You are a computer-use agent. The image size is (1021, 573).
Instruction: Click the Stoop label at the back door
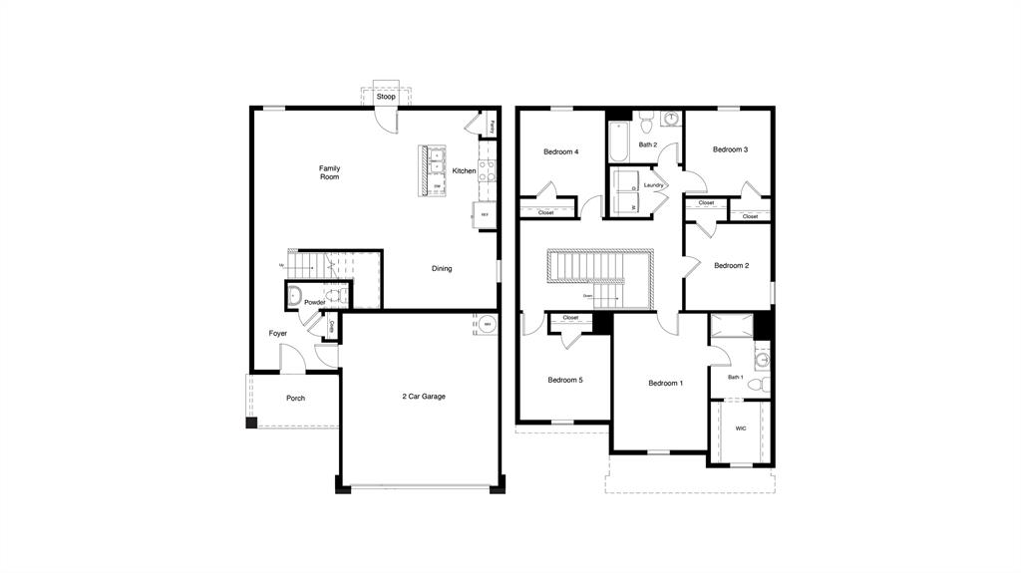click(x=386, y=97)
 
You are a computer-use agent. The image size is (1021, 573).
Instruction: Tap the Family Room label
click(x=329, y=172)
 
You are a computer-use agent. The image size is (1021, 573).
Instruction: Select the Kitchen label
click(x=464, y=171)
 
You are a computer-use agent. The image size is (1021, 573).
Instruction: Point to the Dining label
click(x=442, y=268)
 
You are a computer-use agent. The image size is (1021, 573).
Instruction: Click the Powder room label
click(x=314, y=302)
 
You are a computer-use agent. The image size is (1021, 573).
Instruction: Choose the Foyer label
click(x=277, y=334)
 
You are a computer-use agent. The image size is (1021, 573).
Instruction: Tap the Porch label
click(x=295, y=399)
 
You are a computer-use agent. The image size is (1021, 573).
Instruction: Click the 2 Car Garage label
click(x=424, y=397)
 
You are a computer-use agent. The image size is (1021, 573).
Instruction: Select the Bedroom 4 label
click(x=560, y=152)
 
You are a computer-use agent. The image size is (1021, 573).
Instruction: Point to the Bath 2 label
click(x=648, y=145)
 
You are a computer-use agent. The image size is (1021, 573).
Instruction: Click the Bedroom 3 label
click(x=730, y=149)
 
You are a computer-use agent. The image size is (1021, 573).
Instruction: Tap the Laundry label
click(x=654, y=185)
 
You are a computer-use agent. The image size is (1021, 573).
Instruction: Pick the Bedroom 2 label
click(x=731, y=266)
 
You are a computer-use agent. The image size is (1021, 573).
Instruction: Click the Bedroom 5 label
click(x=565, y=380)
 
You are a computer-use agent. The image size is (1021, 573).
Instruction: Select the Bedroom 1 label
click(x=665, y=384)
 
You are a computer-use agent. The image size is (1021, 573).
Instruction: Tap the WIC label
click(x=741, y=429)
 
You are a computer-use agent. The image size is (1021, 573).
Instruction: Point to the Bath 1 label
click(x=736, y=377)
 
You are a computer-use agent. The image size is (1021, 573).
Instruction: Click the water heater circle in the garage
click(x=487, y=325)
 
